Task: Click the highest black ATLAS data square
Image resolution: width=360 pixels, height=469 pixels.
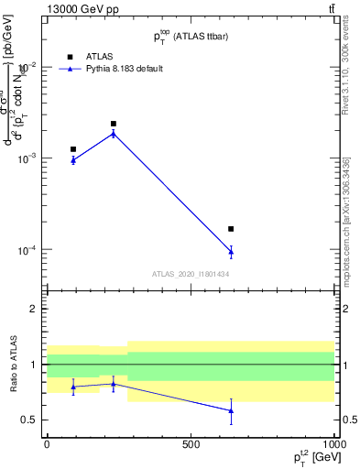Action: (x=114, y=124)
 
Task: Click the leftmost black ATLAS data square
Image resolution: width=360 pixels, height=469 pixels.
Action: (x=73, y=149)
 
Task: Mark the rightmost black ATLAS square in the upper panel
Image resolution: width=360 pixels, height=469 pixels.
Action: (x=231, y=229)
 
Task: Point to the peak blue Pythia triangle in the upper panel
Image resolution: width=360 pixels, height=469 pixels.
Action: (x=114, y=133)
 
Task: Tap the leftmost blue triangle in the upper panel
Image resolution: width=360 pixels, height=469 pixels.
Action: (x=73, y=159)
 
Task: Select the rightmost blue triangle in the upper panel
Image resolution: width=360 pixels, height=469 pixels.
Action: (x=231, y=251)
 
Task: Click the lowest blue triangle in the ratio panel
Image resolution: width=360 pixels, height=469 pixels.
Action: (x=231, y=410)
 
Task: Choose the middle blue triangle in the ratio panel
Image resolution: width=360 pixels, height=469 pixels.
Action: (x=114, y=383)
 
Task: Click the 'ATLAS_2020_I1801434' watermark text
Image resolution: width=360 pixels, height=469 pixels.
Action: (x=191, y=274)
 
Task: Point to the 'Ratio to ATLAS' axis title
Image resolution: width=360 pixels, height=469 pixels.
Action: (x=12, y=365)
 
